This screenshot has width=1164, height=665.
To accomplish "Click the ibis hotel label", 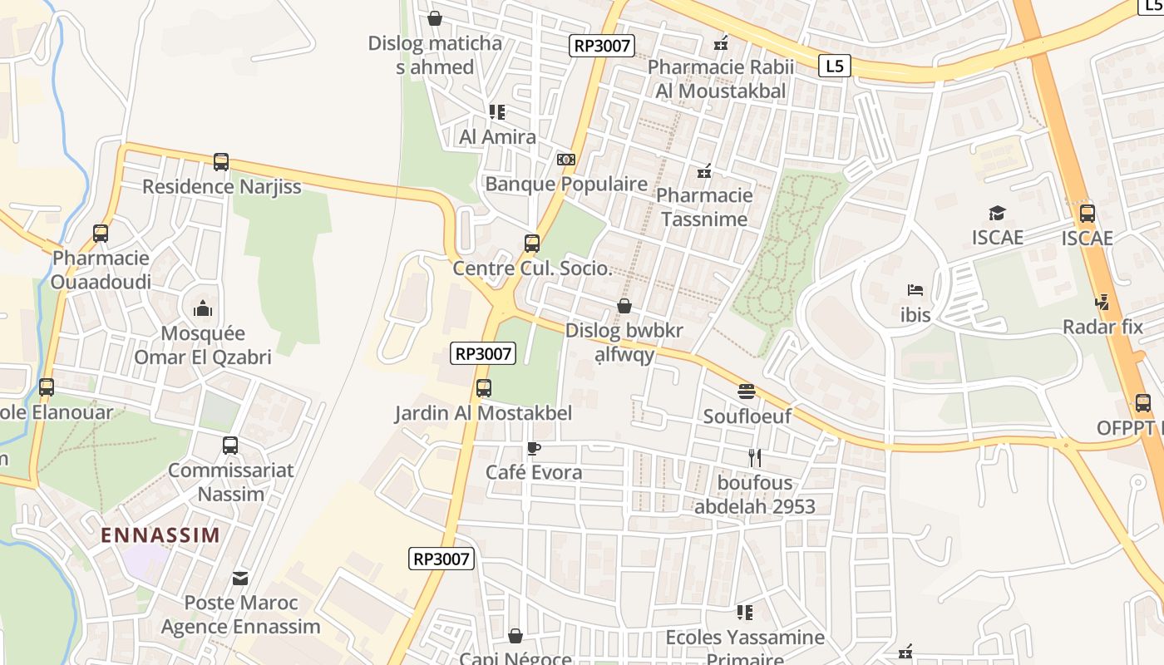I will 915,315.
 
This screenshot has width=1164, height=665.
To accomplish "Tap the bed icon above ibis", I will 915,291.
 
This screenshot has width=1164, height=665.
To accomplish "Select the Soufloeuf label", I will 747,416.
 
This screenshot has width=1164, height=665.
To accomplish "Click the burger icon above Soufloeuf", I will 747,392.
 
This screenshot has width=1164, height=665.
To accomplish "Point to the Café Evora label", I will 534,473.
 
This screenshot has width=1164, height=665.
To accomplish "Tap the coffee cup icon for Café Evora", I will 534,449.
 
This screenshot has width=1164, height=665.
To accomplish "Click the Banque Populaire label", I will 566,184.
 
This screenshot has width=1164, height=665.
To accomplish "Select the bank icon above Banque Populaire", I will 566,160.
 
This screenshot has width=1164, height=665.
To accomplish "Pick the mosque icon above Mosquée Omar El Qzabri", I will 203,309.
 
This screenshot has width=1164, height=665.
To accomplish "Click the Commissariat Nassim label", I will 230,482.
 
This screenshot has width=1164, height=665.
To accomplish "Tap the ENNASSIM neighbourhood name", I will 160,534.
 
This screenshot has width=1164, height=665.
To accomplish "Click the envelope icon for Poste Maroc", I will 240,578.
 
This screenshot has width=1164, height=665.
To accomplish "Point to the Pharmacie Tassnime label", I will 703,208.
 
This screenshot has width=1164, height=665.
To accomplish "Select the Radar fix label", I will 1102,327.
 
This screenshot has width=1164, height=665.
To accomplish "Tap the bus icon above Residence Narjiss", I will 221,162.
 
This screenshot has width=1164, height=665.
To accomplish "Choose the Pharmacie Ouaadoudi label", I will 101,270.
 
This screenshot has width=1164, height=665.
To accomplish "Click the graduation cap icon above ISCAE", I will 997,214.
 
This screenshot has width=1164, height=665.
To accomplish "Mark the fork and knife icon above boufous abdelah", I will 755,457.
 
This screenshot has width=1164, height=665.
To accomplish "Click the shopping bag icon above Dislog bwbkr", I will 624,306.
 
